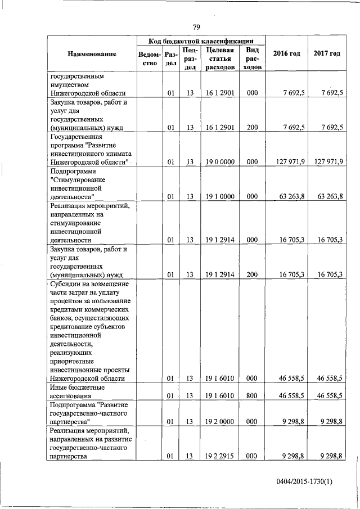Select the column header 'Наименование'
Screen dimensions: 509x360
[x=92, y=54]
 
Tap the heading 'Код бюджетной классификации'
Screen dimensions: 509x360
[x=200, y=41]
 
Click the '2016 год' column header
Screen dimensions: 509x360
[x=286, y=53]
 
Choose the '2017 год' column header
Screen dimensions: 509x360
[x=327, y=53]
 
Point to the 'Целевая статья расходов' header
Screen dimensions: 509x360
[x=220, y=58]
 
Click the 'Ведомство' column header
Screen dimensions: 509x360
[x=149, y=58]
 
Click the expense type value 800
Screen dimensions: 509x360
[x=252, y=396]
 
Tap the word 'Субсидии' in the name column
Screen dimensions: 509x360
[x=65, y=284]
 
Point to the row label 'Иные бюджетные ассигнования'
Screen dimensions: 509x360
[x=79, y=392]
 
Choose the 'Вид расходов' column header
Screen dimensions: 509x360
[x=252, y=58]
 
